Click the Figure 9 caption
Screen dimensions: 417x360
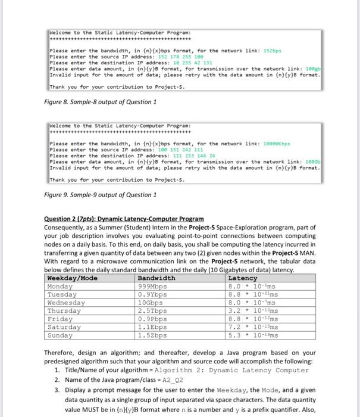[x=101, y=195]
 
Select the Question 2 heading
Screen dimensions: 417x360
[x=124, y=219]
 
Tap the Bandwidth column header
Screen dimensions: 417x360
[x=156, y=278]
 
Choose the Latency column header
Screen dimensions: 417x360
[x=243, y=278]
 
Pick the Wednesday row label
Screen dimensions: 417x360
[x=67, y=303]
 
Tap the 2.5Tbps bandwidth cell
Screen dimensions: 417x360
[x=153, y=311]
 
